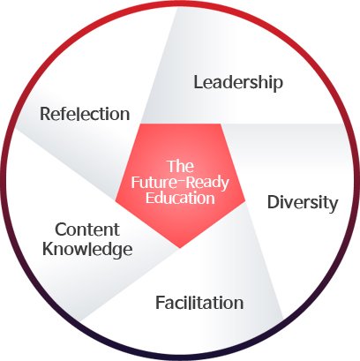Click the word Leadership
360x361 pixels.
click(238, 83)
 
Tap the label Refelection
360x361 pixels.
click(85, 114)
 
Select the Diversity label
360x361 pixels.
click(303, 203)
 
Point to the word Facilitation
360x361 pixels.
click(199, 302)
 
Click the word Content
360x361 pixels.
click(87, 229)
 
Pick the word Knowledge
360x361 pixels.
click(87, 250)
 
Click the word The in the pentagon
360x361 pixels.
click(181, 166)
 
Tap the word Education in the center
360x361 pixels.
click(180, 198)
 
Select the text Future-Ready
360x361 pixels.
click(180, 183)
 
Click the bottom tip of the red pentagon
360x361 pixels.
click(180, 248)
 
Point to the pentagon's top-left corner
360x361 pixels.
click(140, 124)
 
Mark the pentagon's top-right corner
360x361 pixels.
click(221, 124)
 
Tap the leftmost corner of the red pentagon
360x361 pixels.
click(116, 201)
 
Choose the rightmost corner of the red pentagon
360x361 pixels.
click(245, 201)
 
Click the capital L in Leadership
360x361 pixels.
click(199, 82)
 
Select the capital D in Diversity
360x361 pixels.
click(274, 202)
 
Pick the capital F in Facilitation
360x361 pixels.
click(160, 302)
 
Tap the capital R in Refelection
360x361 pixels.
click(46, 114)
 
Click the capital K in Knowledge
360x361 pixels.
click(49, 249)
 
